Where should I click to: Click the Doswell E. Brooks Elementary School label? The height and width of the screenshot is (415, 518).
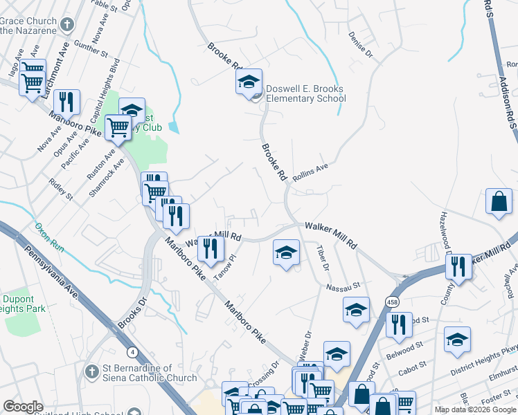click(306, 93)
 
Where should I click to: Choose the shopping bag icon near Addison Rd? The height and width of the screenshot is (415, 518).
click(499, 202)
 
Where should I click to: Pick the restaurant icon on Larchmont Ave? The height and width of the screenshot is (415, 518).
click(66, 102)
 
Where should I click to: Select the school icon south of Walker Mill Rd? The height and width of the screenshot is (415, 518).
click(286, 253)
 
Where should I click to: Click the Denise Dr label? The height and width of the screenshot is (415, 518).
click(361, 44)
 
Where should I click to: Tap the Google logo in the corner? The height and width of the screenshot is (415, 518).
click(23, 407)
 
